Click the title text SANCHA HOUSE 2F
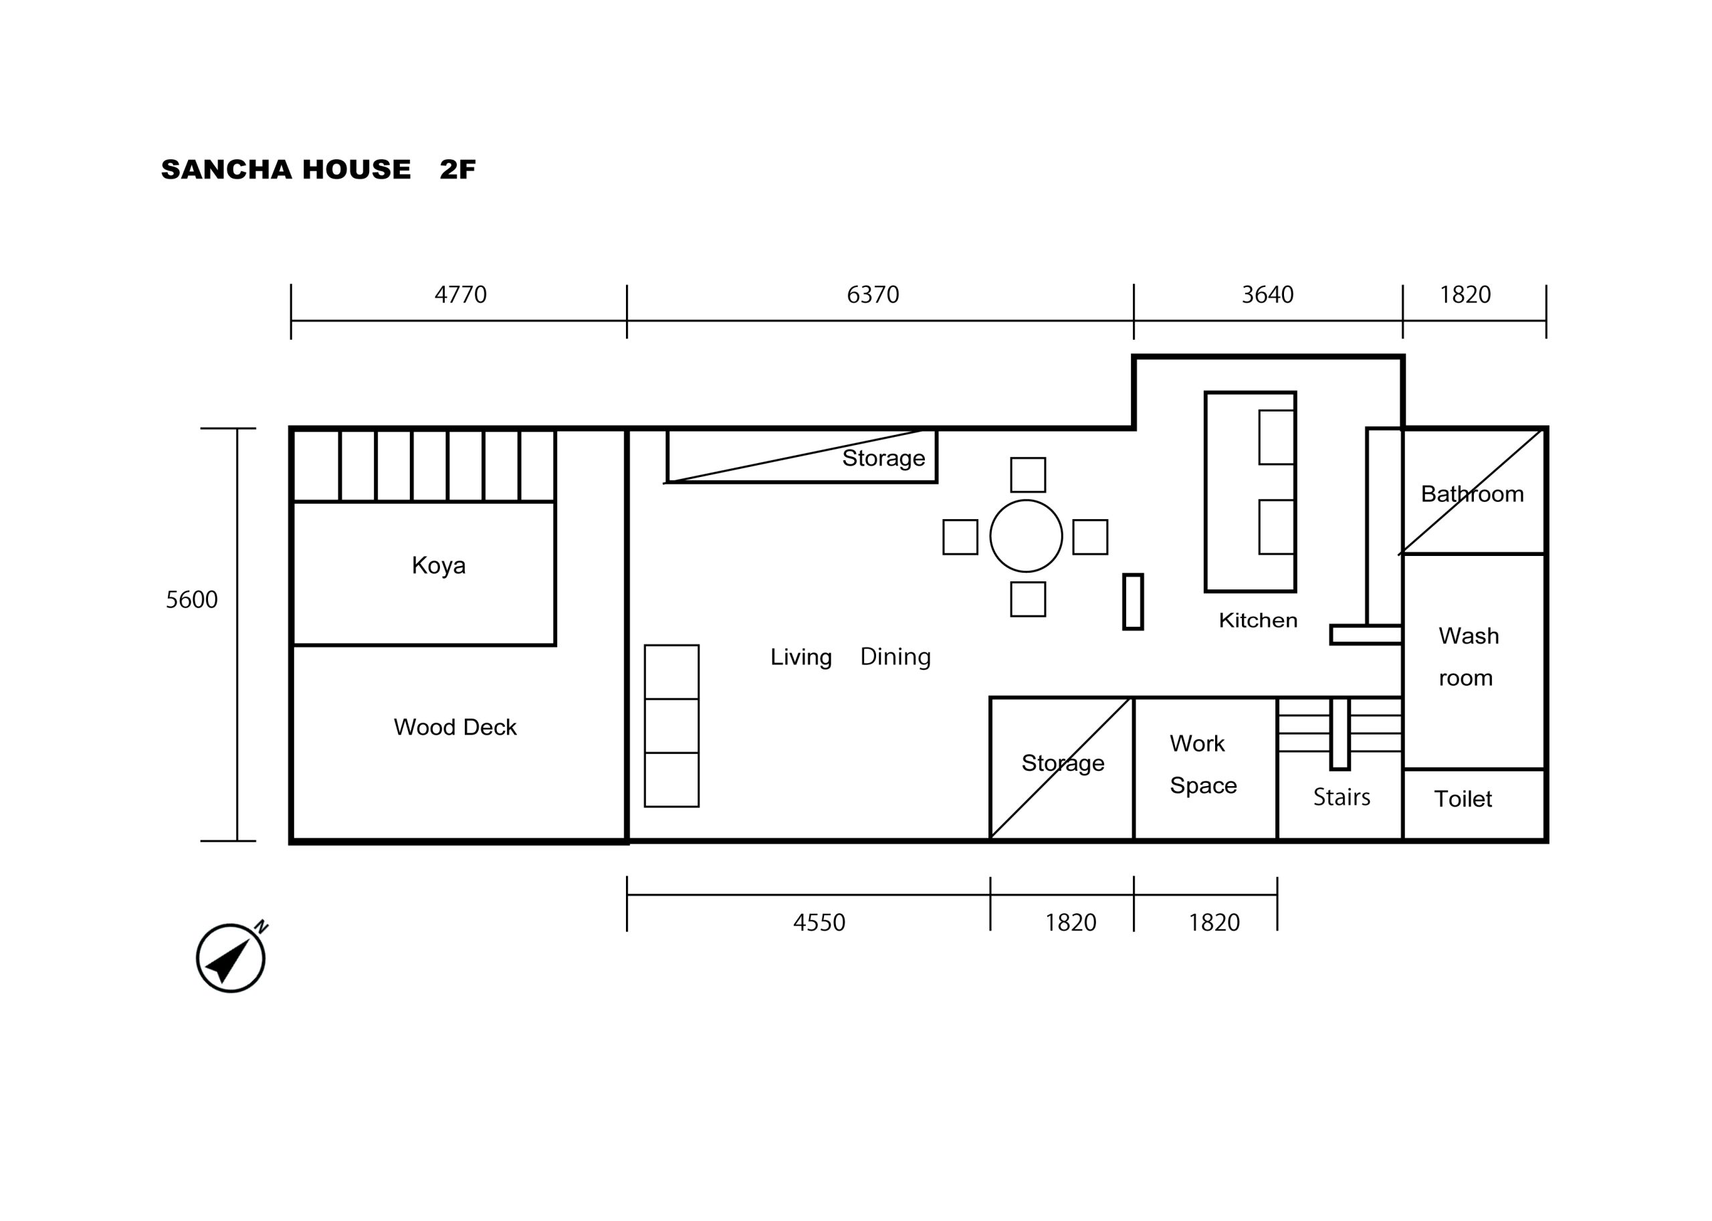tap(318, 169)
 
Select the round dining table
tap(1026, 536)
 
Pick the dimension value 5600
tap(192, 599)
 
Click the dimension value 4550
tap(819, 923)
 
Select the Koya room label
tap(439, 565)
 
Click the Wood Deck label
tap(455, 727)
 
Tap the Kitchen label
tap(1258, 620)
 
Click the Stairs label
tap(1342, 797)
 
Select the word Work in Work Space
tap(1197, 743)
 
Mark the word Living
tap(801, 657)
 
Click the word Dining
tap(895, 656)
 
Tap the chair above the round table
tap(1028, 474)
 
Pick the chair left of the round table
tap(960, 537)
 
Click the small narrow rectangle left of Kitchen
tap(1134, 601)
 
